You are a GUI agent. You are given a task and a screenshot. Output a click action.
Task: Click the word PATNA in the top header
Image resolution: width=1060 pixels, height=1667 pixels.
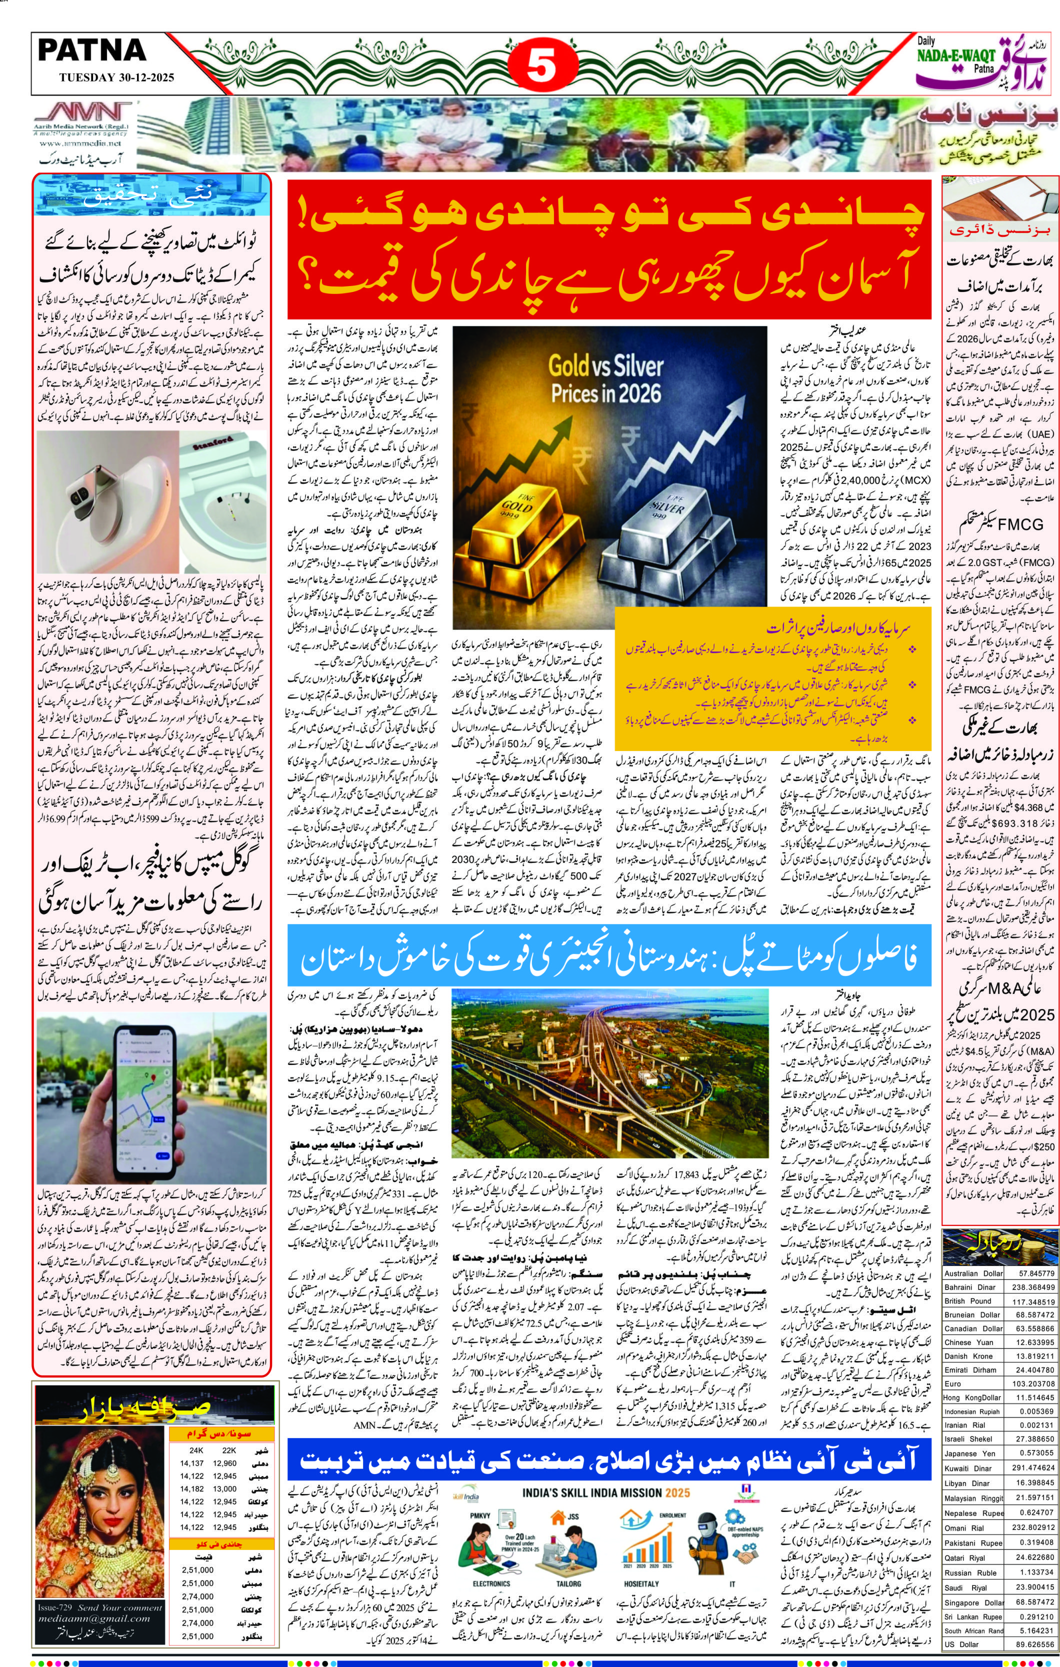(x=91, y=50)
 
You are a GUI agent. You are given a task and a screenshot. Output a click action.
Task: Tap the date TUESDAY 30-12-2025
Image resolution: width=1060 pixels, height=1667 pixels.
(x=106, y=77)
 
